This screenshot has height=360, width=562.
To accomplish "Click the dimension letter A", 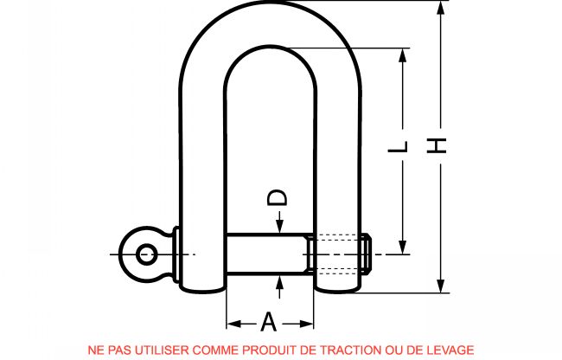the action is [x=268, y=321].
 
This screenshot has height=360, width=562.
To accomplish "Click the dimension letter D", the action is [x=277, y=197].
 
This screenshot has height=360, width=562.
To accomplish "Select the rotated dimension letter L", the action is [x=398, y=146].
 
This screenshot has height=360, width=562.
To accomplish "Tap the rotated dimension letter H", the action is [x=436, y=145].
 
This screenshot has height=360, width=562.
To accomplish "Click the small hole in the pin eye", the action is [x=146, y=254].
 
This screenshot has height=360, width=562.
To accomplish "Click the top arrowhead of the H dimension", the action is [x=441, y=8].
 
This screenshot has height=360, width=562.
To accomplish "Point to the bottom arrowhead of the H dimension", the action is [x=441, y=286].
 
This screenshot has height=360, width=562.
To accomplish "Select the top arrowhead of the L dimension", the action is [x=403, y=55].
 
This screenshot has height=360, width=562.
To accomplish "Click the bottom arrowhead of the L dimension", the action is [x=403, y=247].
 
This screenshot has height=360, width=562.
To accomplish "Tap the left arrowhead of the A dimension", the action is [x=233, y=325].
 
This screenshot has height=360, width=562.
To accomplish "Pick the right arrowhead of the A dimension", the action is [x=307, y=325].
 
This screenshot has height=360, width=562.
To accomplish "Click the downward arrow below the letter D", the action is [x=279, y=222].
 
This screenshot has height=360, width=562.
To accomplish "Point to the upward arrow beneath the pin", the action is [x=279, y=286].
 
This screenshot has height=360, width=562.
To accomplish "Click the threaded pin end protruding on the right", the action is [x=366, y=254].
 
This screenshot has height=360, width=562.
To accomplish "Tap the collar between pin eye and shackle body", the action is [x=176, y=254].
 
